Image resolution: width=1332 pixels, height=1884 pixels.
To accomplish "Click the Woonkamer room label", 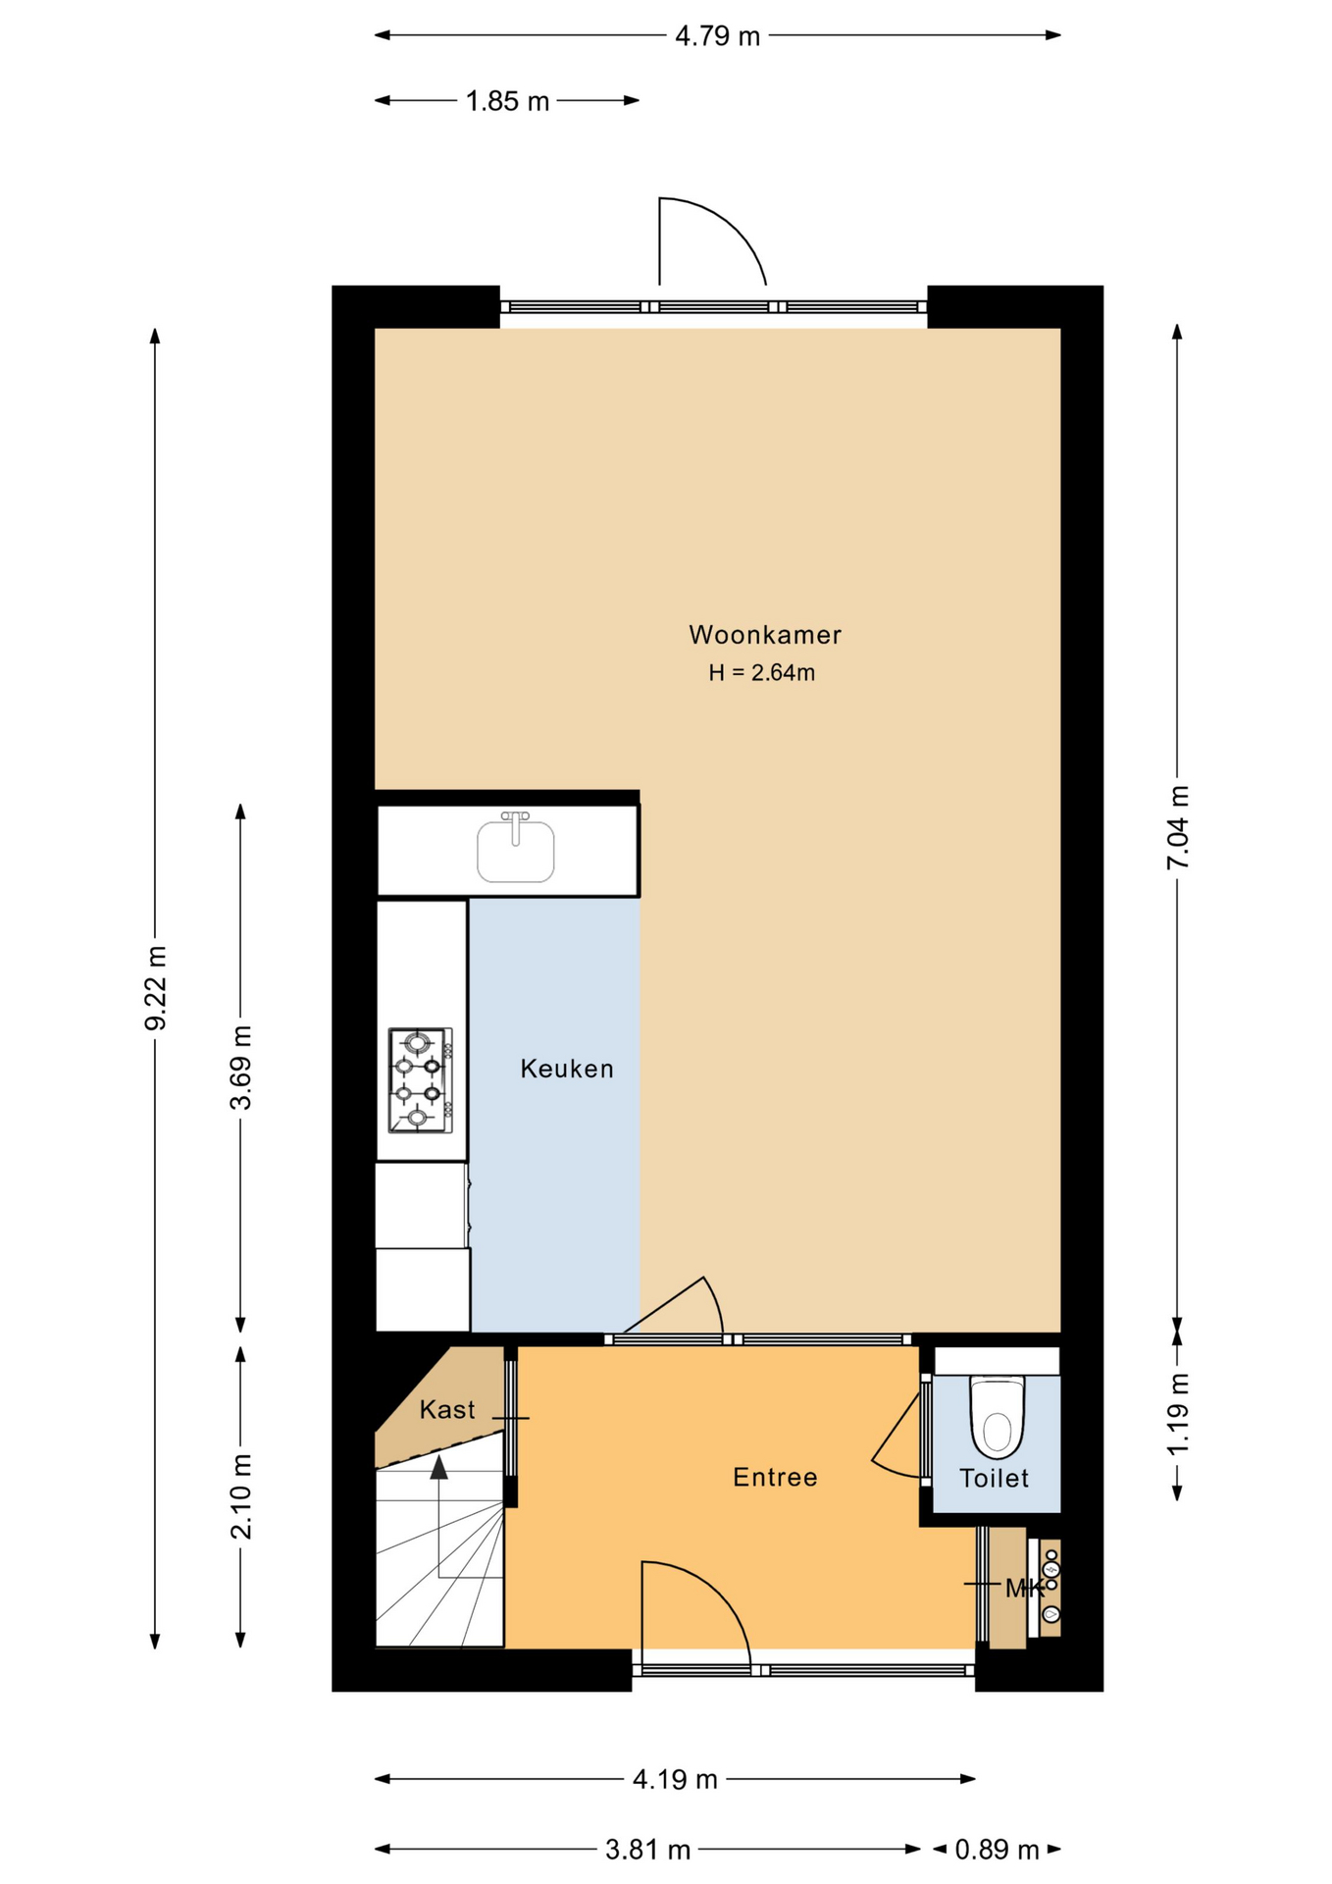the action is click(x=765, y=635).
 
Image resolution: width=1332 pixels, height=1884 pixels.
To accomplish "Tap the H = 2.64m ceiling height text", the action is click(x=762, y=672).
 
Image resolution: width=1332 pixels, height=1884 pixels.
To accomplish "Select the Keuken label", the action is click(x=567, y=1069).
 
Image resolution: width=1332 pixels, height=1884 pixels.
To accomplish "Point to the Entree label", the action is click(x=775, y=1477).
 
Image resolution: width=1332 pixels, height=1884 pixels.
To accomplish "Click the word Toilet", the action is click(x=994, y=1478).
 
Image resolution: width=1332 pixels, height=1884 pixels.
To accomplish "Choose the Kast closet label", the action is click(x=447, y=1410).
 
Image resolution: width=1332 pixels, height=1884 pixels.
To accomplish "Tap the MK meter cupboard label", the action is click(x=1025, y=1589).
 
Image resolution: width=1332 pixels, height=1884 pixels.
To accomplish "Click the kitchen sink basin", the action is click(x=516, y=851).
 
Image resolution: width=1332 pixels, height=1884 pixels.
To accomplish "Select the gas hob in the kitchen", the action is click(x=421, y=1080).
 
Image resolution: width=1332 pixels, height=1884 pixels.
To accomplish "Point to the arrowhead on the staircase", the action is click(x=438, y=1467).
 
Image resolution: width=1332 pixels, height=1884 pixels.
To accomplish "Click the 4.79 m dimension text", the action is click(x=718, y=36).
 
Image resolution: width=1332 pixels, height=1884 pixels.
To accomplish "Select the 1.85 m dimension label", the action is click(x=507, y=101).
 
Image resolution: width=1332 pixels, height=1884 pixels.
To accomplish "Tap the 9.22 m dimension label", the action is click(x=155, y=988).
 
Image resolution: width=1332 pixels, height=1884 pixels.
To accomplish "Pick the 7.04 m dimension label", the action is click(x=1178, y=827).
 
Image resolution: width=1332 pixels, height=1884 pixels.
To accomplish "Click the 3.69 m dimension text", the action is click(x=240, y=1068).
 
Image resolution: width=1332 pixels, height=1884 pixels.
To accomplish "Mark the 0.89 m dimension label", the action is click(x=997, y=1850).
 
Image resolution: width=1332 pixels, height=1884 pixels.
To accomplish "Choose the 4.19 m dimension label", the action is click(x=675, y=1779).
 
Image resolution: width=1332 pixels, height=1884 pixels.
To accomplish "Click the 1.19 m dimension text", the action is click(x=1178, y=1414).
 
